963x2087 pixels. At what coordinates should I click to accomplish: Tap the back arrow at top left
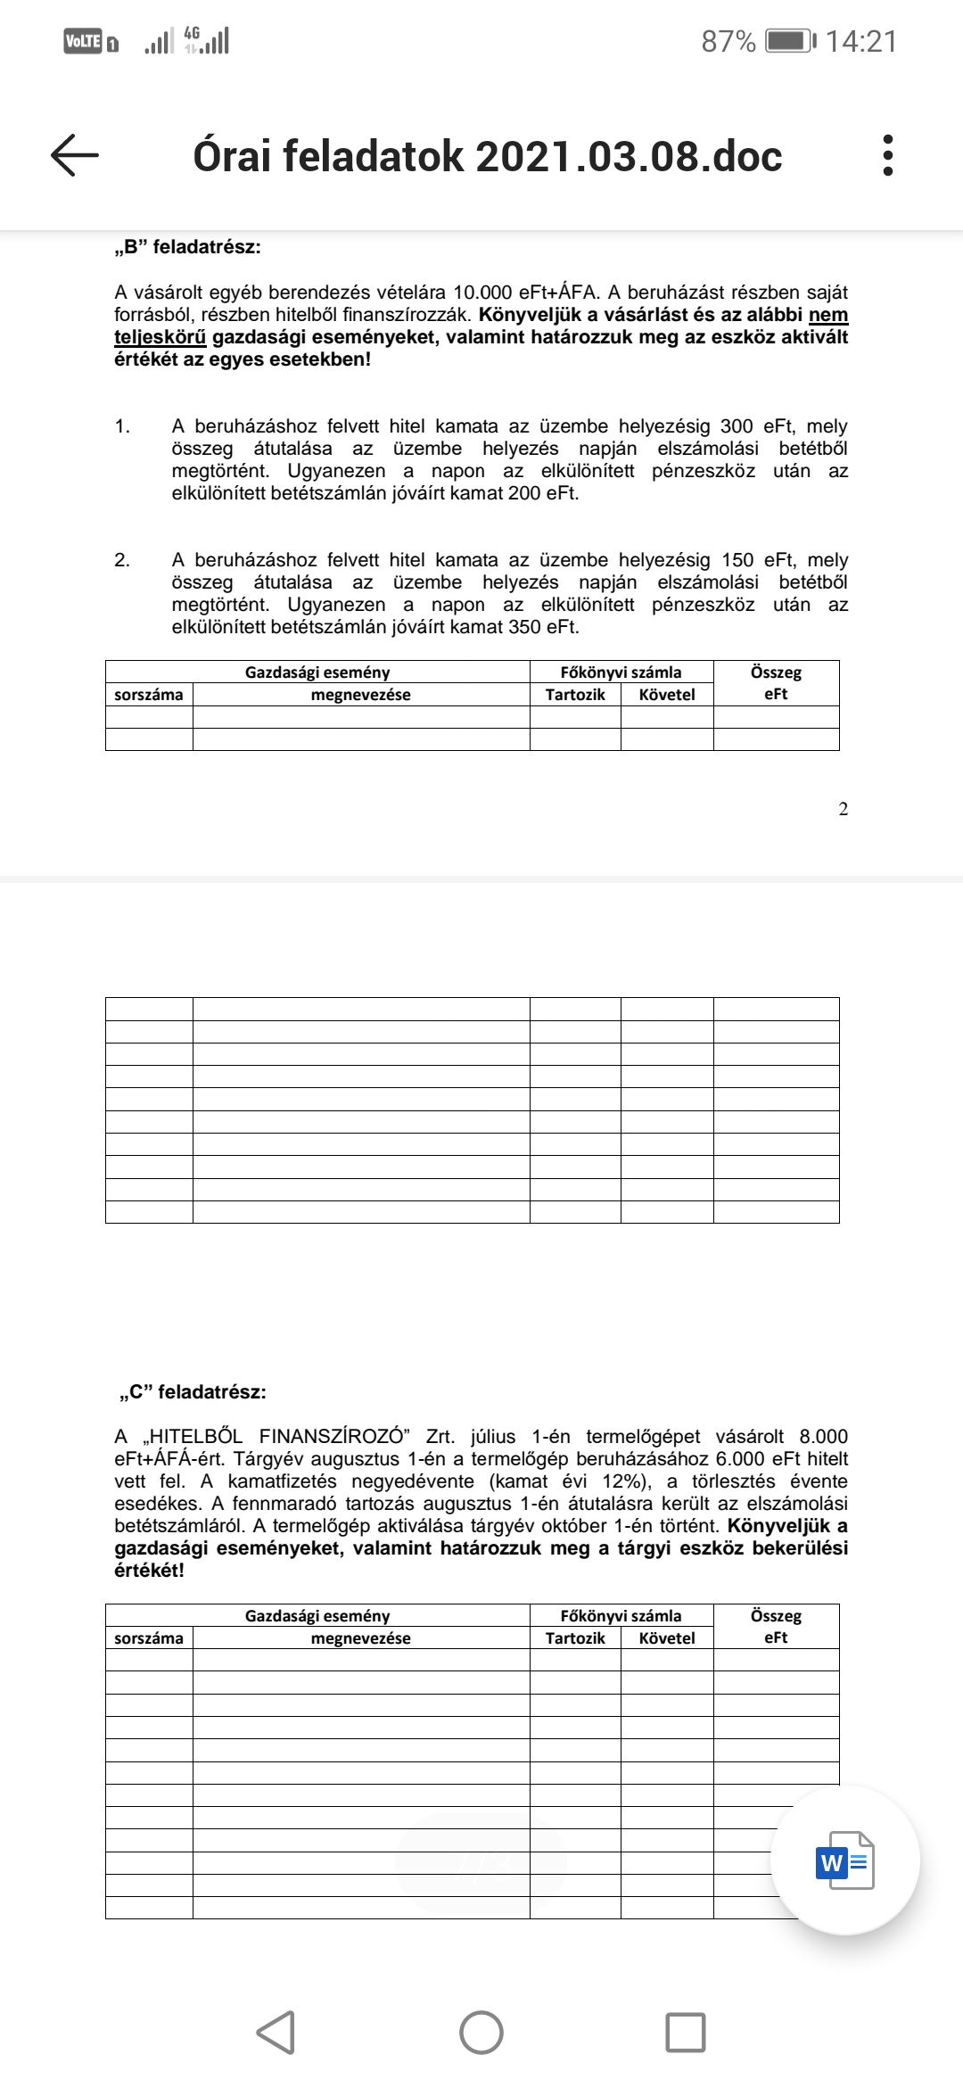pyautogui.click(x=75, y=155)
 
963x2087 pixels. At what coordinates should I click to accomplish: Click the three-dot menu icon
pyautogui.click(x=886, y=155)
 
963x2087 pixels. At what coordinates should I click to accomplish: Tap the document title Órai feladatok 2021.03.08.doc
pyautogui.click(x=487, y=156)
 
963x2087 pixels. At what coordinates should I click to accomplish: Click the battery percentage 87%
pyautogui.click(x=728, y=41)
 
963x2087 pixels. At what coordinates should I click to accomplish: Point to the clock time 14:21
pyautogui.click(x=860, y=41)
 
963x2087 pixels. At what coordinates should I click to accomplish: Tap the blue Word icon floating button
pyautogui.click(x=844, y=1861)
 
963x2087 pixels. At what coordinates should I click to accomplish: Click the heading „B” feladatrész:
pyautogui.click(x=187, y=247)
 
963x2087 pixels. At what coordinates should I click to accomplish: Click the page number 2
pyautogui.click(x=844, y=809)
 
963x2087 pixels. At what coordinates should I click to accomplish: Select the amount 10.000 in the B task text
pyautogui.click(x=483, y=293)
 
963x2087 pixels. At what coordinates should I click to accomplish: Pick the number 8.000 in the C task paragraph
pyautogui.click(x=823, y=1437)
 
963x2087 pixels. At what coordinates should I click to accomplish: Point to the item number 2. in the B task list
pyautogui.click(x=122, y=560)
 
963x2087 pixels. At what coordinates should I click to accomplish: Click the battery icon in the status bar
pyautogui.click(x=790, y=41)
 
